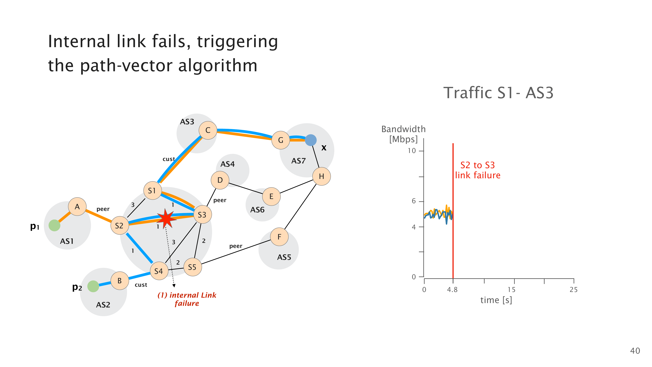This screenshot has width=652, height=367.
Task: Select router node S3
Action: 202,214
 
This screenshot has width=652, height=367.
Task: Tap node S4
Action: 159,271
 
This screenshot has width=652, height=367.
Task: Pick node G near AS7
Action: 280,140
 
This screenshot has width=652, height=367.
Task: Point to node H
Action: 321,176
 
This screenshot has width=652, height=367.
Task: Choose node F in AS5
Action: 279,237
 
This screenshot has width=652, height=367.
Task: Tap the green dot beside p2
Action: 93,286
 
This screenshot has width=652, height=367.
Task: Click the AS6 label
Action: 257,210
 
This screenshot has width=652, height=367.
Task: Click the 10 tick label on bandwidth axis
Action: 412,151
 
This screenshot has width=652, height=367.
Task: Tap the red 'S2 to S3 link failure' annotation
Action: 477,170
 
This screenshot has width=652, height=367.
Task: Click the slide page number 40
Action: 635,351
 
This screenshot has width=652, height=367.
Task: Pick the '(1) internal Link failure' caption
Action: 187,299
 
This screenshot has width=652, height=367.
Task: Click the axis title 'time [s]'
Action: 496,300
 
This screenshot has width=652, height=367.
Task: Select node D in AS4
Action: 220,180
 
